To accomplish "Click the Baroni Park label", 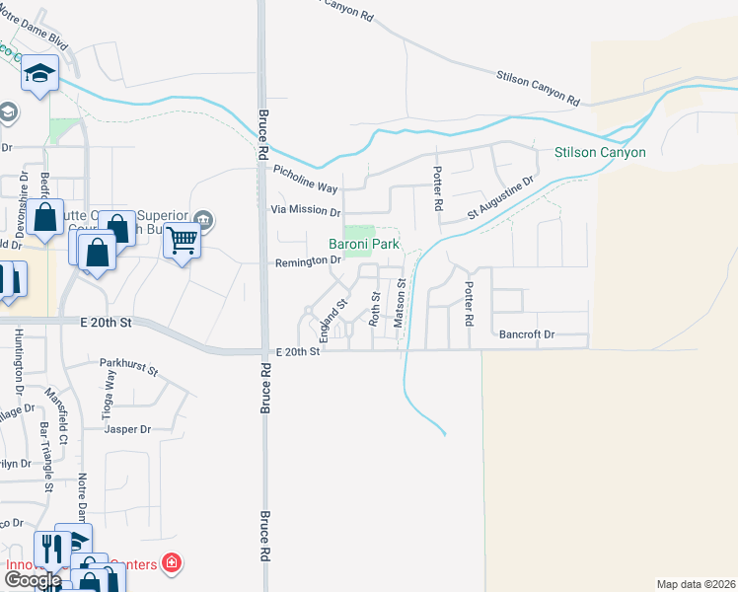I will tap(365, 243).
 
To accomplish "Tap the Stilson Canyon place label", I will tap(599, 152).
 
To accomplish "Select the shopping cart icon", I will tap(183, 238).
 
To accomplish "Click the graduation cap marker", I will tap(41, 74).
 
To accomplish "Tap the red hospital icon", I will tap(171, 563).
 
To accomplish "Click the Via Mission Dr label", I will tap(306, 211).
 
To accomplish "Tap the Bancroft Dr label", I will tap(527, 334).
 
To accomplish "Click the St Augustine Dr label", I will tap(500, 196).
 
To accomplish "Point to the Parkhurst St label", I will tap(128, 368).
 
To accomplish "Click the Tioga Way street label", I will tap(110, 403).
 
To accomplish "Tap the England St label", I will tap(332, 316).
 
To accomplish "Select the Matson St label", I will tap(401, 303).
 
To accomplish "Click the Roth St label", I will tap(375, 309).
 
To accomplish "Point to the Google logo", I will tap(32, 580).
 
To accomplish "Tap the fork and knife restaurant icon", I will tap(49, 548).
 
